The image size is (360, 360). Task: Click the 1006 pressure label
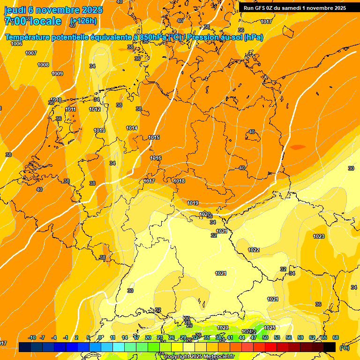[16, 44]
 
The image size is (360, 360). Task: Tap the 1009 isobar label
[57, 74]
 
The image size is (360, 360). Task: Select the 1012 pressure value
[95, 109]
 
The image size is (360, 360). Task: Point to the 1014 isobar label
[132, 128]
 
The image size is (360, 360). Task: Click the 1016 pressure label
[156, 158]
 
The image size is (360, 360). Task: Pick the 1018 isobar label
[179, 181]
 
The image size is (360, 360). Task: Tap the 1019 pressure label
[193, 203]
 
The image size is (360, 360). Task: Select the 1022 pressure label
[254, 250]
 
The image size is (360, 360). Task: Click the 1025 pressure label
[270, 328]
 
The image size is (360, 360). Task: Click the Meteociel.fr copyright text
[199, 357]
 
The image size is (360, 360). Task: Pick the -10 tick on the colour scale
[32, 337]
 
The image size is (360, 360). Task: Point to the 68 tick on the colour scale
[336, 337]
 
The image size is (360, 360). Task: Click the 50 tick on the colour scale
[265, 337]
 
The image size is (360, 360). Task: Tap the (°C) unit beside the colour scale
[345, 347]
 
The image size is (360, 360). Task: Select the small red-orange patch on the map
[297, 147]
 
